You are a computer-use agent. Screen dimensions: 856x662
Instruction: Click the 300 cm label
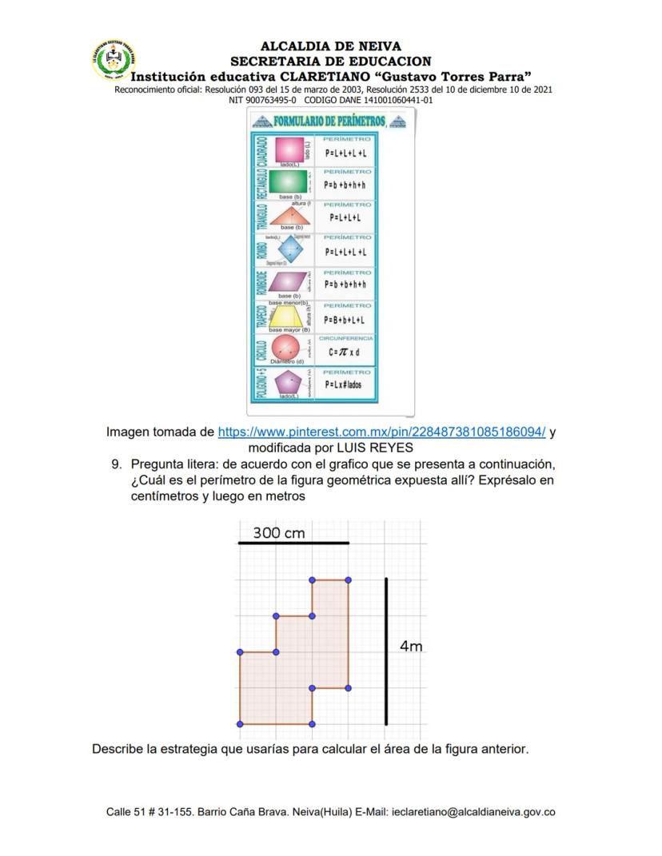pos(279,533)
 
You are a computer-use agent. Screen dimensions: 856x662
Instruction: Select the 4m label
pos(411,646)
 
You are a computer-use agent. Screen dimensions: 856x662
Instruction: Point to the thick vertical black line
pos(386,651)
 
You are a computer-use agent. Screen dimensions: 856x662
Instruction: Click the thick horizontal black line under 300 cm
pos(293,543)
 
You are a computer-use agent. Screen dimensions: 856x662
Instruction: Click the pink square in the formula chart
pos(289,149)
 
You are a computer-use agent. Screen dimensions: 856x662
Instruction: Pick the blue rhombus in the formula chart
pos(289,250)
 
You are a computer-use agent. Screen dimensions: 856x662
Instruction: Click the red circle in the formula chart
pos(287,348)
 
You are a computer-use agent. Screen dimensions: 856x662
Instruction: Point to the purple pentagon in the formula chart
pos(288,382)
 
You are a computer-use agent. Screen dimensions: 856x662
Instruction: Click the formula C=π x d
pos(345,352)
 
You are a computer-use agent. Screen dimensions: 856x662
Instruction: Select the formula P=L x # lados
pos(343,384)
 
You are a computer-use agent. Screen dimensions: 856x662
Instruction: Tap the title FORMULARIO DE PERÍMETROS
pos(328,121)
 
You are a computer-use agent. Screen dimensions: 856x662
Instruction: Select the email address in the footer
pos(473,812)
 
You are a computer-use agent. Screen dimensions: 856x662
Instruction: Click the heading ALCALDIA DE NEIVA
pos(331,46)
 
